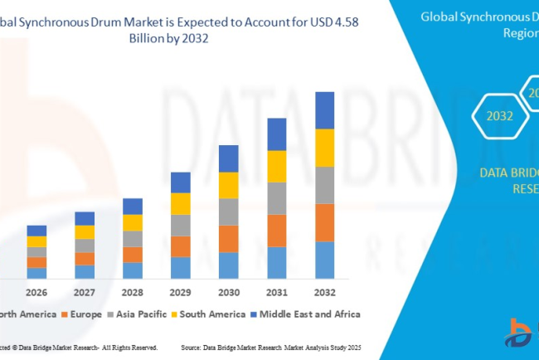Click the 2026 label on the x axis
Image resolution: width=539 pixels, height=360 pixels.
pyautogui.click(x=36, y=292)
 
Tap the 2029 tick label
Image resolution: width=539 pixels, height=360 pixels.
pyautogui.click(x=180, y=292)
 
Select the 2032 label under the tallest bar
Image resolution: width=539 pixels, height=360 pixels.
pyautogui.click(x=324, y=292)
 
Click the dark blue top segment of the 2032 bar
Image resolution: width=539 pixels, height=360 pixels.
pyautogui.click(x=324, y=110)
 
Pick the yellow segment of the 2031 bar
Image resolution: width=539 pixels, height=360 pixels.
pyautogui.click(x=276, y=166)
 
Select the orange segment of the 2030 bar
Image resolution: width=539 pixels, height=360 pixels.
pyautogui.click(x=228, y=238)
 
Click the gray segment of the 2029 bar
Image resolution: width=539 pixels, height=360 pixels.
pyautogui.click(x=180, y=225)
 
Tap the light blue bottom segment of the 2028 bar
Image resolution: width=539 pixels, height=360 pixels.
pyautogui.click(x=133, y=270)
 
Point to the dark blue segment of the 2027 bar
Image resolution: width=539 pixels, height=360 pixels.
pyautogui.click(x=85, y=218)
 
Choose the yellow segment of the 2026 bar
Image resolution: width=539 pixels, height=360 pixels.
pyautogui.click(x=36, y=241)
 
